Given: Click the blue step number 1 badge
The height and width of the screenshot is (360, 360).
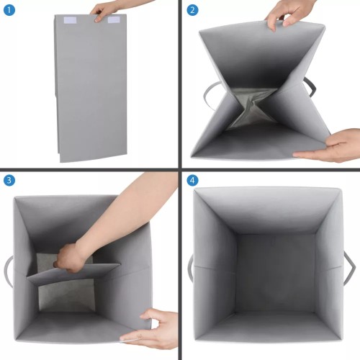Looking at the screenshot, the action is [9, 10].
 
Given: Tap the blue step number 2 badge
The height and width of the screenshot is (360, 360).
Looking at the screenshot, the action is [192, 10].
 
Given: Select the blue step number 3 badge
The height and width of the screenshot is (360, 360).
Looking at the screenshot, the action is [9, 180].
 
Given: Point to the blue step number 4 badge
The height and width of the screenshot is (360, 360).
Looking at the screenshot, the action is [192, 180].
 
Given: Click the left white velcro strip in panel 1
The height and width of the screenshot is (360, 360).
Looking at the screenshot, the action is [70, 20].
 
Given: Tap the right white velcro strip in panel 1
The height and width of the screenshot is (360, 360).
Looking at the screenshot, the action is [114, 19].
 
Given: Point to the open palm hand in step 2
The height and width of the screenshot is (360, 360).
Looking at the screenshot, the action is [329, 145].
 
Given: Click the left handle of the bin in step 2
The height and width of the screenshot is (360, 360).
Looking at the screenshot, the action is [208, 95].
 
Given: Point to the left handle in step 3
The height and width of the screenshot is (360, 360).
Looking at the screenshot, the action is [8, 271].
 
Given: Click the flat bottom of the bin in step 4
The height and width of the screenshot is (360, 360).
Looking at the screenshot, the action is [275, 273].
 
